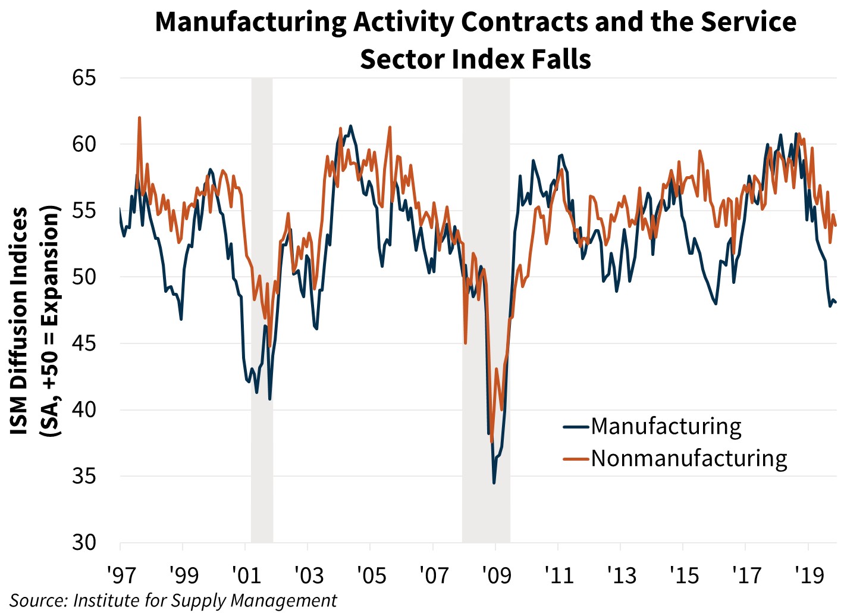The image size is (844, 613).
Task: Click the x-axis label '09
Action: [495, 576]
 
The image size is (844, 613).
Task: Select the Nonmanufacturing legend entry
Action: [689, 458]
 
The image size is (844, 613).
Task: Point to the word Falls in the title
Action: [561, 59]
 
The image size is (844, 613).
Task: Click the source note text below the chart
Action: [173, 601]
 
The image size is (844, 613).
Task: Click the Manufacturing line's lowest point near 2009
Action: [494, 483]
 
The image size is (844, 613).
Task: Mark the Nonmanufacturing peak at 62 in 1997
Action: [139, 118]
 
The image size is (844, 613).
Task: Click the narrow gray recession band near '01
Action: [262, 309]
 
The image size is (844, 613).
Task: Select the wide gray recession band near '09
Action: [486, 309]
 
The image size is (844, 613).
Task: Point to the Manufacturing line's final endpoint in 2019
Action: [836, 302]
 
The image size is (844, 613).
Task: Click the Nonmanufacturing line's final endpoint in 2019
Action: [836, 226]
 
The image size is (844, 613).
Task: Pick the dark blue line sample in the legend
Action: [576, 427]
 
